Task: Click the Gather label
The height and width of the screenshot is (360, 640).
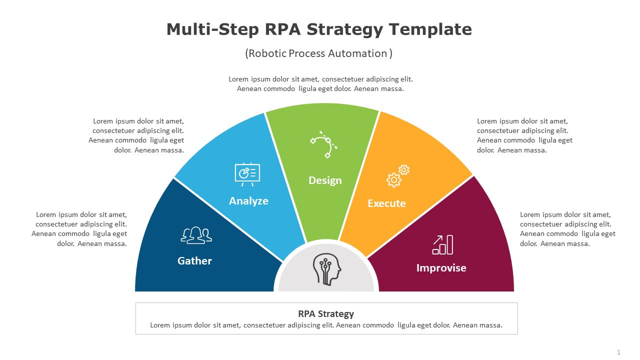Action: [x=194, y=261]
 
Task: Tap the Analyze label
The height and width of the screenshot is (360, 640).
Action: [x=248, y=201]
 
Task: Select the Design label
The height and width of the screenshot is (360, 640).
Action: [x=325, y=180]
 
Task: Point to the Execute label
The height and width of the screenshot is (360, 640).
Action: [x=386, y=203]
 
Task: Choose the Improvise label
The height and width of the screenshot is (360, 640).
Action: [x=441, y=268]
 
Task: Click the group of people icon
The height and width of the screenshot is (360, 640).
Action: [x=196, y=235]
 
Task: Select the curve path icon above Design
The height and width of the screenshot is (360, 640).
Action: [x=323, y=144]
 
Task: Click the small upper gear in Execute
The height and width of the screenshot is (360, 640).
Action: [x=403, y=169]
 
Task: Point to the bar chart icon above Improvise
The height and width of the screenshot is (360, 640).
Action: [x=442, y=244]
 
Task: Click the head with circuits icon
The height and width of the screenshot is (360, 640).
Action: [x=327, y=269]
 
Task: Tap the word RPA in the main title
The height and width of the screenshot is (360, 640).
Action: [x=283, y=29]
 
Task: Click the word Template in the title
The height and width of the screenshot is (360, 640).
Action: [x=430, y=29]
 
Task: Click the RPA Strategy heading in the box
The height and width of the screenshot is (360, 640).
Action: [x=326, y=314]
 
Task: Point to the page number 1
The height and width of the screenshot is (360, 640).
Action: [x=619, y=352]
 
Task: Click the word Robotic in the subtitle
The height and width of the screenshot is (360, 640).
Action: [x=267, y=53]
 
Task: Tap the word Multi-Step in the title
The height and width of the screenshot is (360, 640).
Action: [x=212, y=29]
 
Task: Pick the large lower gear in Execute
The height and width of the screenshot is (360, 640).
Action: [x=393, y=180]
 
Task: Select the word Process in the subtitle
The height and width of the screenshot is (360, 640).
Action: [x=307, y=53]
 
